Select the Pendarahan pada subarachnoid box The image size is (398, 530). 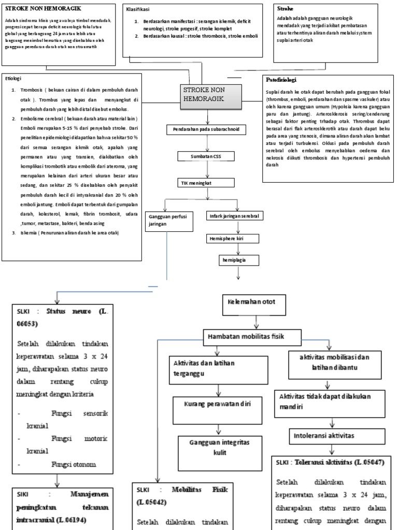[x=203, y=129]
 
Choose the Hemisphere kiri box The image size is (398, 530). [x=226, y=239]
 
